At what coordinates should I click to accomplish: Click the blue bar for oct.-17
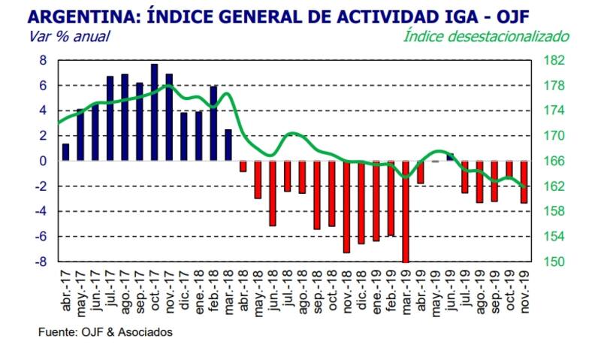pyautogui.click(x=154, y=113)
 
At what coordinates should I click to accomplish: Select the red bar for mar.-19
pyautogui.click(x=406, y=211)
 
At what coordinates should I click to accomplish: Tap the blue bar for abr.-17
pyautogui.click(x=66, y=152)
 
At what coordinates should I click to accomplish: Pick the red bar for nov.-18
pyautogui.click(x=346, y=207)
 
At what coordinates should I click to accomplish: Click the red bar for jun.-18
pyautogui.click(x=273, y=193)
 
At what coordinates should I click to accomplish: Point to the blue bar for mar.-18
pyautogui.click(x=228, y=145)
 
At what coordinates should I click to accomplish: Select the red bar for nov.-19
pyautogui.click(x=524, y=182)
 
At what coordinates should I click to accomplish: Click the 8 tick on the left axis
pyautogui.click(x=44, y=60)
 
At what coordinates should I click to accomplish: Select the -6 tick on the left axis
pyautogui.click(x=41, y=237)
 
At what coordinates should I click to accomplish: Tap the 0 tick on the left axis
pyautogui.click(x=44, y=161)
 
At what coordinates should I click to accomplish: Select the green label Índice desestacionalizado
pyautogui.click(x=486, y=36)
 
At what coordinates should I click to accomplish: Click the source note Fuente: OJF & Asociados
pyautogui.click(x=104, y=331)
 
